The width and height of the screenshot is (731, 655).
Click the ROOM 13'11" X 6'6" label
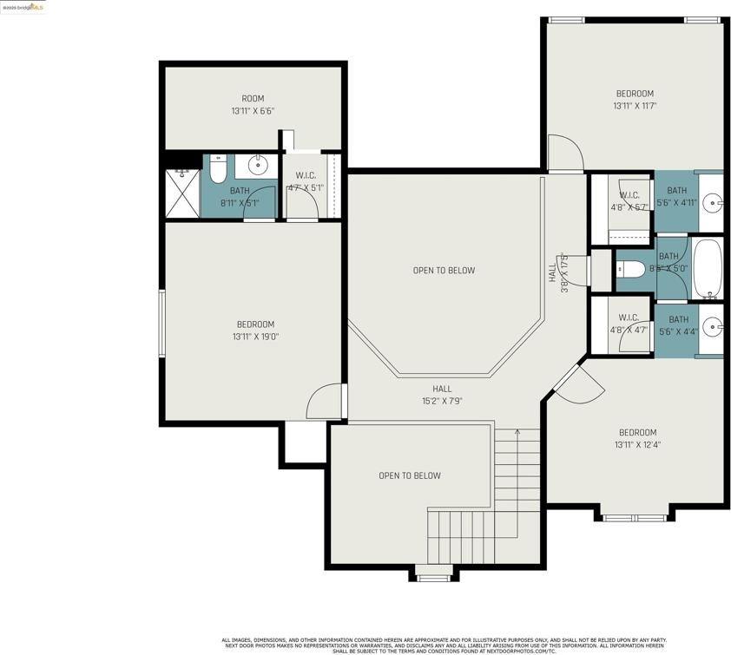coord(253,105)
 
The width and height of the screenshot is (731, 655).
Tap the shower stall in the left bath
coord(182,192)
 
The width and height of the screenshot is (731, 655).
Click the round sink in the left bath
coord(257,164)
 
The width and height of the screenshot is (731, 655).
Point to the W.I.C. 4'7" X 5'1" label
coord(304,181)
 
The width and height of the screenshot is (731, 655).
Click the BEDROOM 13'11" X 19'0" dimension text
coord(255,337)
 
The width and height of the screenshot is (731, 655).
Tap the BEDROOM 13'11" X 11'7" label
coord(635,100)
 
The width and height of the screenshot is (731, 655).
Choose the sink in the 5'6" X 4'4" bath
coord(712,327)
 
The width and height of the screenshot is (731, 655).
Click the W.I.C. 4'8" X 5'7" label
coord(629,201)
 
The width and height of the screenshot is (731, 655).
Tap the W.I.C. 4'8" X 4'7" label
coord(629,324)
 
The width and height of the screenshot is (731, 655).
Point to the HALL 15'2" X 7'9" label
coord(442,395)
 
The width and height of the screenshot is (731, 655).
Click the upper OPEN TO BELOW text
coord(444,271)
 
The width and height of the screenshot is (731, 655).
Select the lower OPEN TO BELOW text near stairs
coord(409,475)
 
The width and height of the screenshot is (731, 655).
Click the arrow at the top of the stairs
coord(518,431)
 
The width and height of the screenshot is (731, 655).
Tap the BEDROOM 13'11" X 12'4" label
coord(637,438)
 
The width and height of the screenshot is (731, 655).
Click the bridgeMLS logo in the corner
coord(23,7)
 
